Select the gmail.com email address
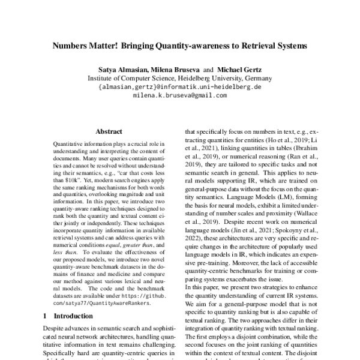179,95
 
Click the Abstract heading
109,131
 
